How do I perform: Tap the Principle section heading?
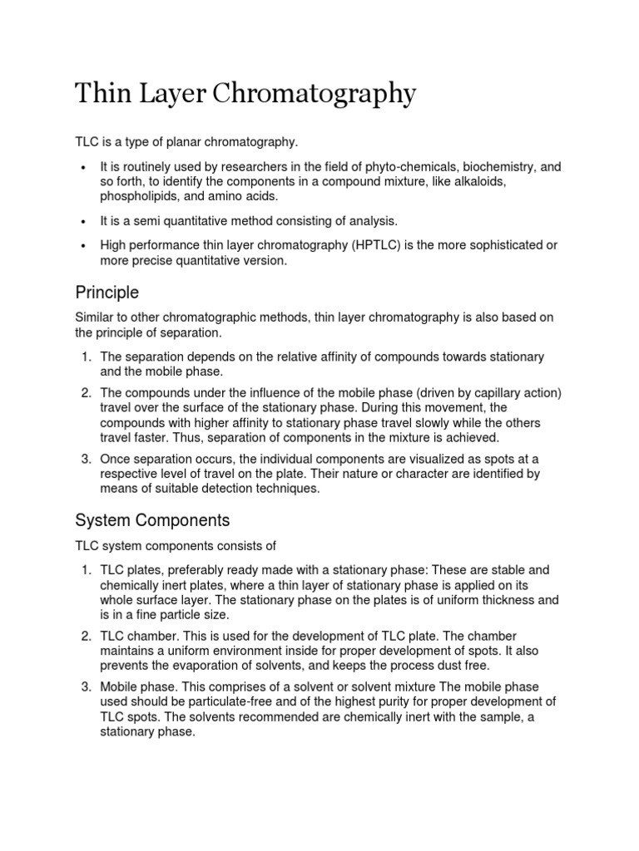[106, 293]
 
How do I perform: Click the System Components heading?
[152, 520]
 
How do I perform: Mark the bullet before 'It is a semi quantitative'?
[84, 221]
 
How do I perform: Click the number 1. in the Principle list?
[87, 357]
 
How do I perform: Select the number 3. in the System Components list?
[87, 687]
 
